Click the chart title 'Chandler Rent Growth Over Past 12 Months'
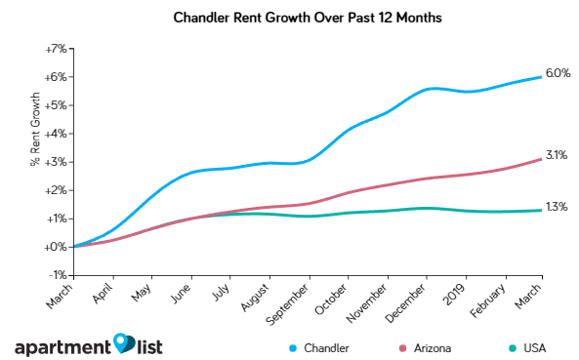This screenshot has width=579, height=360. point(289,18)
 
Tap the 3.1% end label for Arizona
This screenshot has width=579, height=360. point(557,155)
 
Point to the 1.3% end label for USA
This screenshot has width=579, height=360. point(557,207)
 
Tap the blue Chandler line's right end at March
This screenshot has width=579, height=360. point(542,77)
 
